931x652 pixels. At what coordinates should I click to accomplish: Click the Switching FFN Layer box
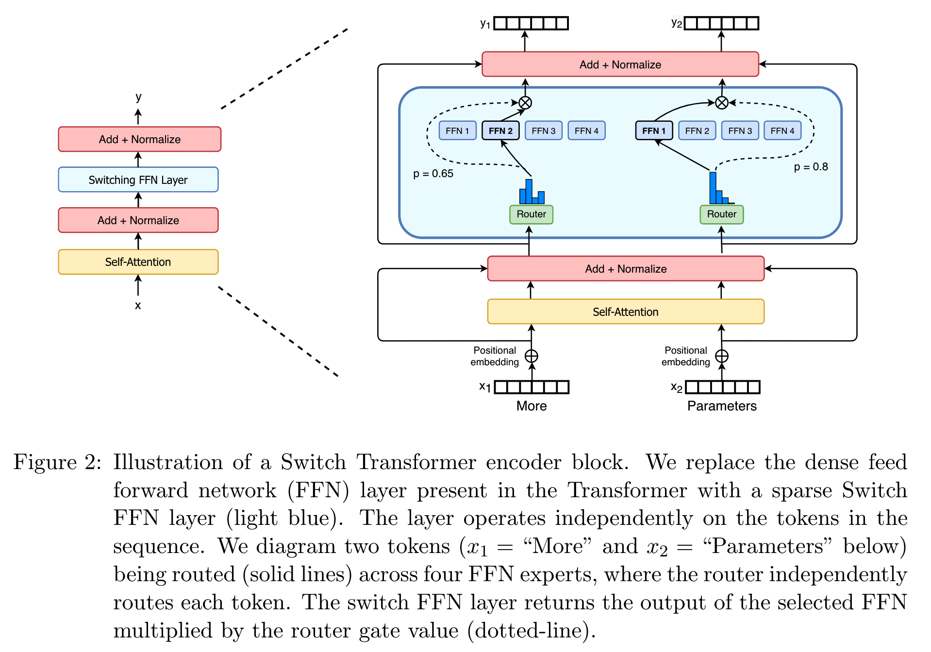pos(138,179)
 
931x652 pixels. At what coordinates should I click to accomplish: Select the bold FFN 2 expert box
pos(500,130)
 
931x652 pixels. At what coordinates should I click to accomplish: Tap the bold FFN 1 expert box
pos(654,130)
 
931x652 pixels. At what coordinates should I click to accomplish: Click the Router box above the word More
pos(531,214)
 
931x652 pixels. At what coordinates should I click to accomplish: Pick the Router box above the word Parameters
pos(721,214)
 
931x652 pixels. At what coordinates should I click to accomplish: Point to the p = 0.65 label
pos(433,174)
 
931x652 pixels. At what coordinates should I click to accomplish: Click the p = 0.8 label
pos(811,167)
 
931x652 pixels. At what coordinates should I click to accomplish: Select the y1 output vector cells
pos(531,23)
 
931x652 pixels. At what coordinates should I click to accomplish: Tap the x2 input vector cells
pos(722,387)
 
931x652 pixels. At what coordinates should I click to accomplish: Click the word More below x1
pos(532,406)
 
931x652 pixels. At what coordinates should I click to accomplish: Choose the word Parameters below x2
pos(722,406)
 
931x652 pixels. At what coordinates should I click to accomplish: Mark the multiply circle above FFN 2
pos(525,103)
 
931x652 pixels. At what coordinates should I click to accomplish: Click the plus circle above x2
pos(722,356)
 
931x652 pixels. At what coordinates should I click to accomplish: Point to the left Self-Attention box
pos(138,262)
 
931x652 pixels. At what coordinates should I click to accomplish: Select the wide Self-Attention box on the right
pos(626,311)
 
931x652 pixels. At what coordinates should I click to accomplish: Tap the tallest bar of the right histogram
pos(713,188)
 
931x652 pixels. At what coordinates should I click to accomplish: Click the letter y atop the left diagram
pos(138,97)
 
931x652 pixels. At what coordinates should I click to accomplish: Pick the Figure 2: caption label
pos(57,462)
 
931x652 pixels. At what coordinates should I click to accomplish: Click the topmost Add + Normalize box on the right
pos(620,65)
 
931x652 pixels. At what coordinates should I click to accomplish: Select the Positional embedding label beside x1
pos(495,356)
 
